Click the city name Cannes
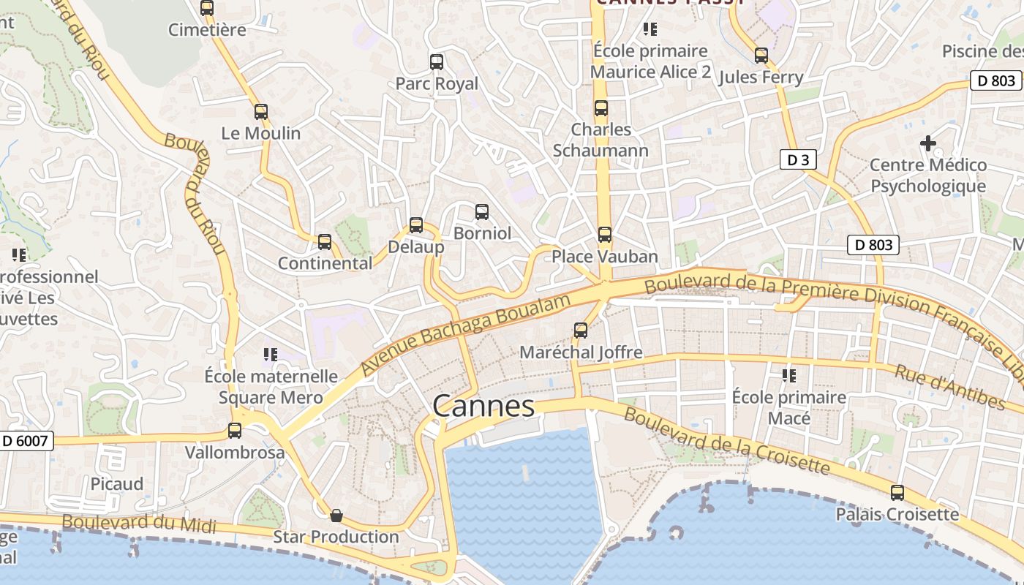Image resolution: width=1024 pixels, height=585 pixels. tap(483, 406)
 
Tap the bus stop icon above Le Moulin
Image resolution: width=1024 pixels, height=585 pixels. tap(261, 112)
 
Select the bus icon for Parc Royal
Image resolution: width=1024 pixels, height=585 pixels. tap(437, 62)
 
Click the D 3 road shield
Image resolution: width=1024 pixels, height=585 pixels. tap(797, 159)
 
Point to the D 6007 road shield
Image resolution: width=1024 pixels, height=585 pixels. tap(26, 441)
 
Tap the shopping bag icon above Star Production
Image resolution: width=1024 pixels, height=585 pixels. tap(336, 516)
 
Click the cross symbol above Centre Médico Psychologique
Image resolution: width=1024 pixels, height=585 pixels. tap(928, 143)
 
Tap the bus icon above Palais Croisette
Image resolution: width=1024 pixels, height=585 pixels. tap(897, 493)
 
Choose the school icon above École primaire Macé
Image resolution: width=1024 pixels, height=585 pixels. tap(789, 376)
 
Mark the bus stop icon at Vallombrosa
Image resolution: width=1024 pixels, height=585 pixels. tap(235, 431)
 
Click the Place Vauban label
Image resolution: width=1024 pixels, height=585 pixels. tap(605, 257)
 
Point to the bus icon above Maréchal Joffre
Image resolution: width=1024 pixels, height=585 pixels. tap(581, 331)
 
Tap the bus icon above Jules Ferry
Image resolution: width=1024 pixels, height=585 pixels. tap(761, 56)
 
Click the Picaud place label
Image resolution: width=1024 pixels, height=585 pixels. tap(117, 484)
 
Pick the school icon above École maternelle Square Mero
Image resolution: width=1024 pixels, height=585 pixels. tap(271, 355)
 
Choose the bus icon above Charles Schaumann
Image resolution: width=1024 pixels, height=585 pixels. tap(601, 108)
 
